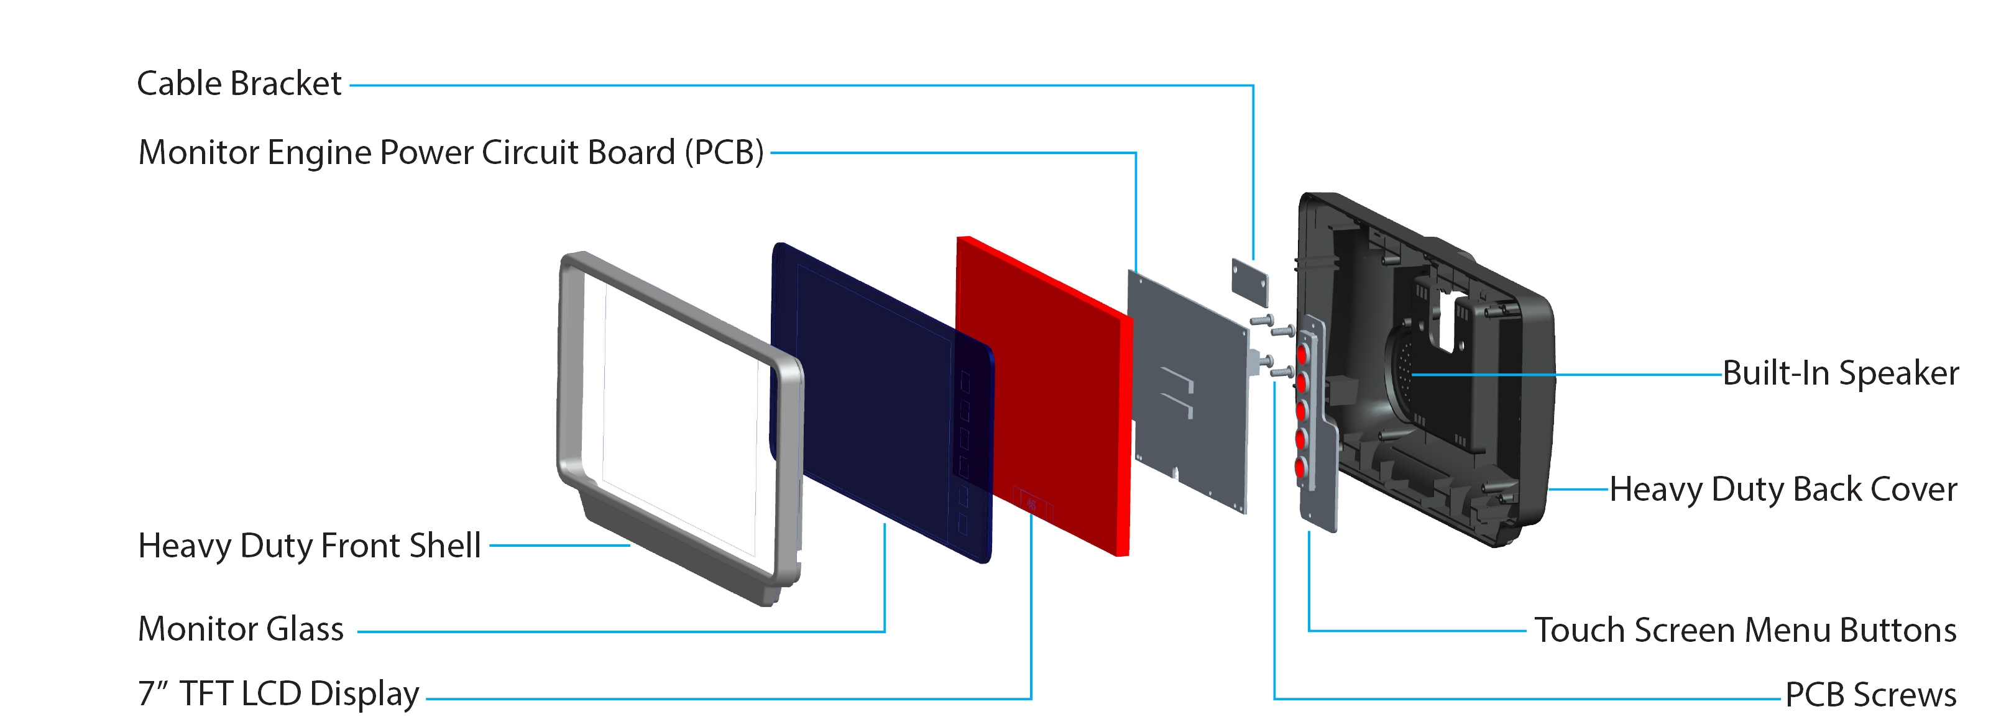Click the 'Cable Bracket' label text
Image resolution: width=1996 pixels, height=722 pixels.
point(239,84)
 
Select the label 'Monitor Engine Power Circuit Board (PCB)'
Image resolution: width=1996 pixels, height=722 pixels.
point(451,153)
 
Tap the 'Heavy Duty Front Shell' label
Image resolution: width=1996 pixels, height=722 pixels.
point(309,546)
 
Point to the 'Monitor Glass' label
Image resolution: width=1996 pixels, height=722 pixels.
point(240,629)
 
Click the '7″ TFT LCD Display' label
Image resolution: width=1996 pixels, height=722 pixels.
point(278,694)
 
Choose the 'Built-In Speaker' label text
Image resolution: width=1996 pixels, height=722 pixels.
point(1840,373)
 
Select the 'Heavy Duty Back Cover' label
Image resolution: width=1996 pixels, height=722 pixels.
point(1783,490)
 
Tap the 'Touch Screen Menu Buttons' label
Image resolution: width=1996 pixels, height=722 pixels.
point(1745,630)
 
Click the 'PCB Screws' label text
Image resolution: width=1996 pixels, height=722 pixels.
point(1870,695)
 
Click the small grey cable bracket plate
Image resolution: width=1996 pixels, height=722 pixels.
point(1250,283)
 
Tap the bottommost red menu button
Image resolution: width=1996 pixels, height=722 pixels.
point(1300,468)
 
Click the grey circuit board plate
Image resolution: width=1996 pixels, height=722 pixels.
point(1187,392)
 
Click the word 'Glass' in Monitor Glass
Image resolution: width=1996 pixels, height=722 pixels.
point(305,629)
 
